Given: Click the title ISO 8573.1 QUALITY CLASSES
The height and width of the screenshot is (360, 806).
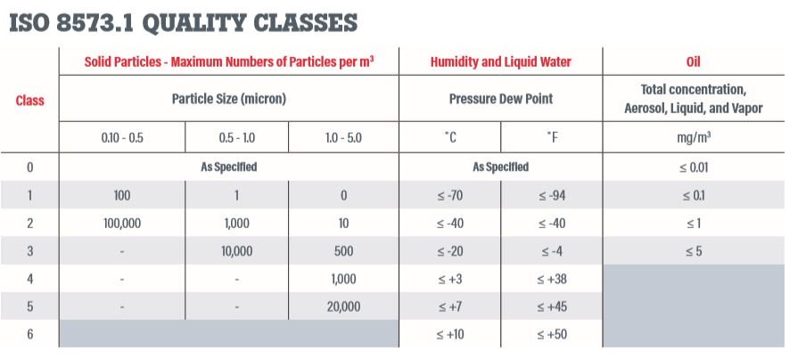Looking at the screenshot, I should click(184, 23).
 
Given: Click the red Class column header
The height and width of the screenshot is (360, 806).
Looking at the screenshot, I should click(29, 101).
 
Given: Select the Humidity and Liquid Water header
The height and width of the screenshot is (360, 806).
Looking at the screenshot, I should click(500, 62).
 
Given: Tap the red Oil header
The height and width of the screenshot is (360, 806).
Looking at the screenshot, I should click(693, 62).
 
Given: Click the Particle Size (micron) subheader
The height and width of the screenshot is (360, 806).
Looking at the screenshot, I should click(228, 99).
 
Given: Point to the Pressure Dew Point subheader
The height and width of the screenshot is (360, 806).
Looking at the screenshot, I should click(500, 99).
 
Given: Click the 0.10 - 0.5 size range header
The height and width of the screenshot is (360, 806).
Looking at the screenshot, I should click(121, 138).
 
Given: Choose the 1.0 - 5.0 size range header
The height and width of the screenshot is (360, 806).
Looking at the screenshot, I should click(343, 138).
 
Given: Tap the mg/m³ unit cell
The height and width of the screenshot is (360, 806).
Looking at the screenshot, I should click(693, 138).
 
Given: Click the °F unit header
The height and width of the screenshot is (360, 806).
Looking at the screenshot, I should click(552, 138).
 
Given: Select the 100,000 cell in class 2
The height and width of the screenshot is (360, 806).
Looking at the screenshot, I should click(121, 223).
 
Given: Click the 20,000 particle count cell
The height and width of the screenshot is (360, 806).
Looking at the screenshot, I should click(343, 307).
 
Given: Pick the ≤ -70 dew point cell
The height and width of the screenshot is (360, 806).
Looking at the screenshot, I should click(449, 195).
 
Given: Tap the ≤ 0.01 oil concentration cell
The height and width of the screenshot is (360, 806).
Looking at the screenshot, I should click(693, 167).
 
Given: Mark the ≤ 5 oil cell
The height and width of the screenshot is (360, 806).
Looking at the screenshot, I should click(693, 251).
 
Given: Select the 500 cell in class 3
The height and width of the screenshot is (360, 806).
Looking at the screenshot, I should click(343, 251).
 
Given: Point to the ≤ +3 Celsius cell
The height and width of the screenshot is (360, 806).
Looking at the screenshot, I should click(449, 279).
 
